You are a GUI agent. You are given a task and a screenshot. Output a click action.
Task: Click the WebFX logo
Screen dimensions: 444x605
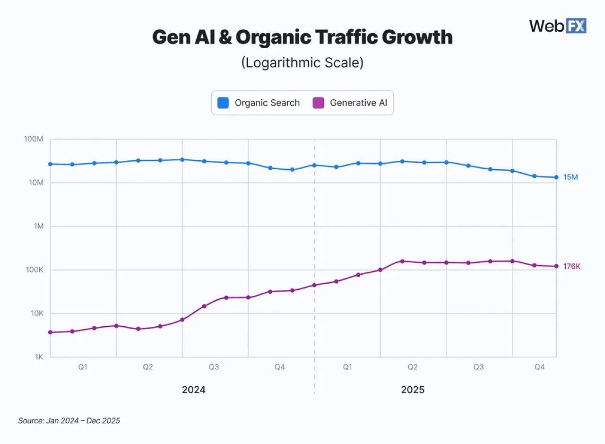(x=557, y=26)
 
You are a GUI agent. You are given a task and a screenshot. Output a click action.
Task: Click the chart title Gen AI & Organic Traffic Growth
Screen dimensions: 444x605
(x=302, y=37)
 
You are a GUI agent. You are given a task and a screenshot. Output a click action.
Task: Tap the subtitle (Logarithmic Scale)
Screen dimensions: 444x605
(x=302, y=62)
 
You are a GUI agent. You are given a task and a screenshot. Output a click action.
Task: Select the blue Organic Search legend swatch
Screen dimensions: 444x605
(x=223, y=103)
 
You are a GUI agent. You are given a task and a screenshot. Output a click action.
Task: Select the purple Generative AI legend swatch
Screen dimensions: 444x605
(x=319, y=103)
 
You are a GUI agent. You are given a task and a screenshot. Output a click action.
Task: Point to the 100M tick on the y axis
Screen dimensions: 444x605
(x=34, y=139)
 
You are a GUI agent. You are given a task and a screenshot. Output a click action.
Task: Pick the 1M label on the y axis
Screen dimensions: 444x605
(x=37, y=226)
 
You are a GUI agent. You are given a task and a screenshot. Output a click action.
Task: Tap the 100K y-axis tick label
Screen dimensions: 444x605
(x=34, y=270)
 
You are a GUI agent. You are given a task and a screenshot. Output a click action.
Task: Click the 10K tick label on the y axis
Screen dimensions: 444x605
(x=36, y=313)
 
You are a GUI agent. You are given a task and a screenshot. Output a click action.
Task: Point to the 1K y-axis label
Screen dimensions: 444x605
(x=38, y=357)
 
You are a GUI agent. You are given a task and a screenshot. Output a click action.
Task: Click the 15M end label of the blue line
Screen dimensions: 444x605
(x=570, y=177)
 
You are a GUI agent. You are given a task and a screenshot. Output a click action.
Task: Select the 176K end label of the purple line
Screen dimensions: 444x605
(x=571, y=267)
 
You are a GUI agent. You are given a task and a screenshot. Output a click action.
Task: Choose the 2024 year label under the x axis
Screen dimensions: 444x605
(x=194, y=390)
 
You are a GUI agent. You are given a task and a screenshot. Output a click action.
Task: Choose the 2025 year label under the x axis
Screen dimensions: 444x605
(x=413, y=390)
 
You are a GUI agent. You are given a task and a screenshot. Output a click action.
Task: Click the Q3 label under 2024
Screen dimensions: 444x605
(x=214, y=367)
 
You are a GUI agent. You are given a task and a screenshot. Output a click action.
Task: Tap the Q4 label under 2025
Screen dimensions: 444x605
(x=539, y=367)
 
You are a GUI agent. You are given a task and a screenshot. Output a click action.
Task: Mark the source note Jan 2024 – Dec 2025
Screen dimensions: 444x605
(x=69, y=420)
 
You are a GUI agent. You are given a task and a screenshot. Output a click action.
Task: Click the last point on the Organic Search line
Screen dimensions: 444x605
(x=556, y=177)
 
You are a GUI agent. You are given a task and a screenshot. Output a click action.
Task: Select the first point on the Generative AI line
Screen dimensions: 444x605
(x=50, y=332)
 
